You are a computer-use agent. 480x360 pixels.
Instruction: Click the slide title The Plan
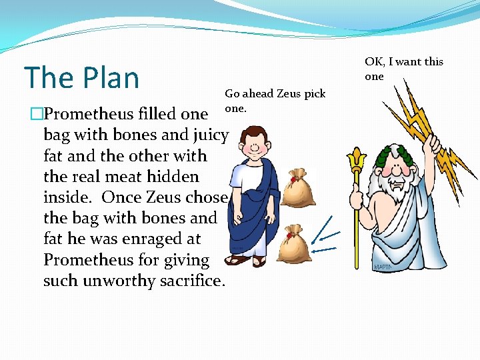[x=81, y=77]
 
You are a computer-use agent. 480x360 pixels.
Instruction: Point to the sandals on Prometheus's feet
[x=249, y=259]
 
